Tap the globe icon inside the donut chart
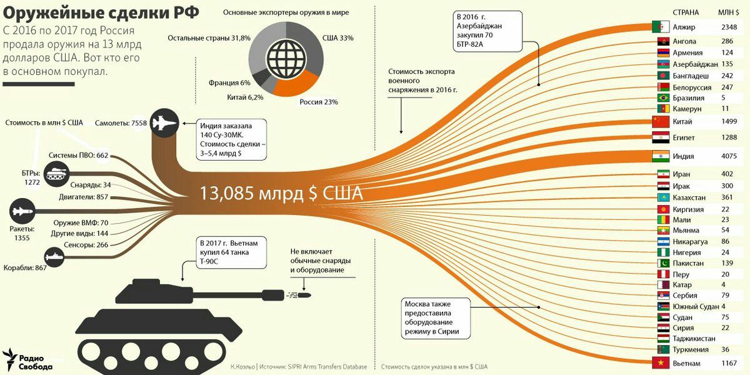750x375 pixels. click(286, 59)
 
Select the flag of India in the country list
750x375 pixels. click(661, 156)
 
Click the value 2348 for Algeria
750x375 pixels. click(729, 27)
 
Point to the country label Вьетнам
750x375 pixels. click(686, 363)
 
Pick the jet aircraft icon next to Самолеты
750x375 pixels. click(164, 123)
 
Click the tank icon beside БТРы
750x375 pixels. click(57, 174)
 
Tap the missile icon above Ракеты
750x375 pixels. click(22, 211)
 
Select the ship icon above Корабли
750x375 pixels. click(54, 257)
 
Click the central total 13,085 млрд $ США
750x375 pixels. click(281, 193)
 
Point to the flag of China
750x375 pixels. click(661, 121)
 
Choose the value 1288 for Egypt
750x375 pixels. click(729, 137)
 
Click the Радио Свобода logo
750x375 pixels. click(27, 360)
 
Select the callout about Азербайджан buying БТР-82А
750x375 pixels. click(487, 31)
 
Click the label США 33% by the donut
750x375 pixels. click(338, 38)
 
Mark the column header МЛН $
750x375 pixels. click(728, 12)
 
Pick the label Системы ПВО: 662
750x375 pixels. click(78, 156)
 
